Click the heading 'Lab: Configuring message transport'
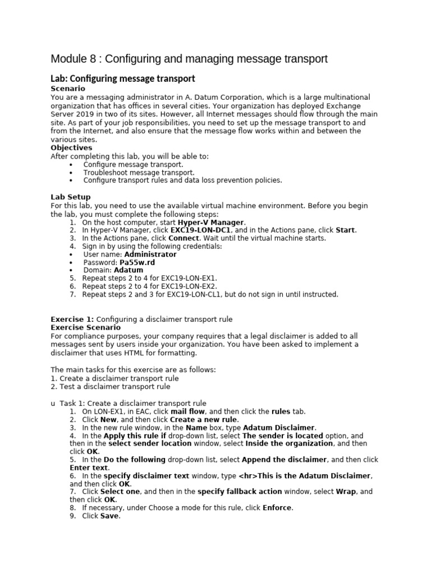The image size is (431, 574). pos(122,78)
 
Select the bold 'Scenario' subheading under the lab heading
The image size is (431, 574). pos(68,89)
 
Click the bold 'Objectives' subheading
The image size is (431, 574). pos(71,148)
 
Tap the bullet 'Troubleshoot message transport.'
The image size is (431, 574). pos(139,173)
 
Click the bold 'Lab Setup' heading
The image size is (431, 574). pos(71,197)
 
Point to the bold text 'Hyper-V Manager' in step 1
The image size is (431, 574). pos(211,223)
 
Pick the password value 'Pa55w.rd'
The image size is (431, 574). pos(137,262)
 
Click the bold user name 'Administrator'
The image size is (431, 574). pos(150,254)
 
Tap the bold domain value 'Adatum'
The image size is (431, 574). pos(128,270)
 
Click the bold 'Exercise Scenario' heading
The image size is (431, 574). pos(85,327)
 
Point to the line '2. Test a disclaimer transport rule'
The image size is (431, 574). pos(111,387)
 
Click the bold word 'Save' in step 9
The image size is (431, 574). pos(109,516)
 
